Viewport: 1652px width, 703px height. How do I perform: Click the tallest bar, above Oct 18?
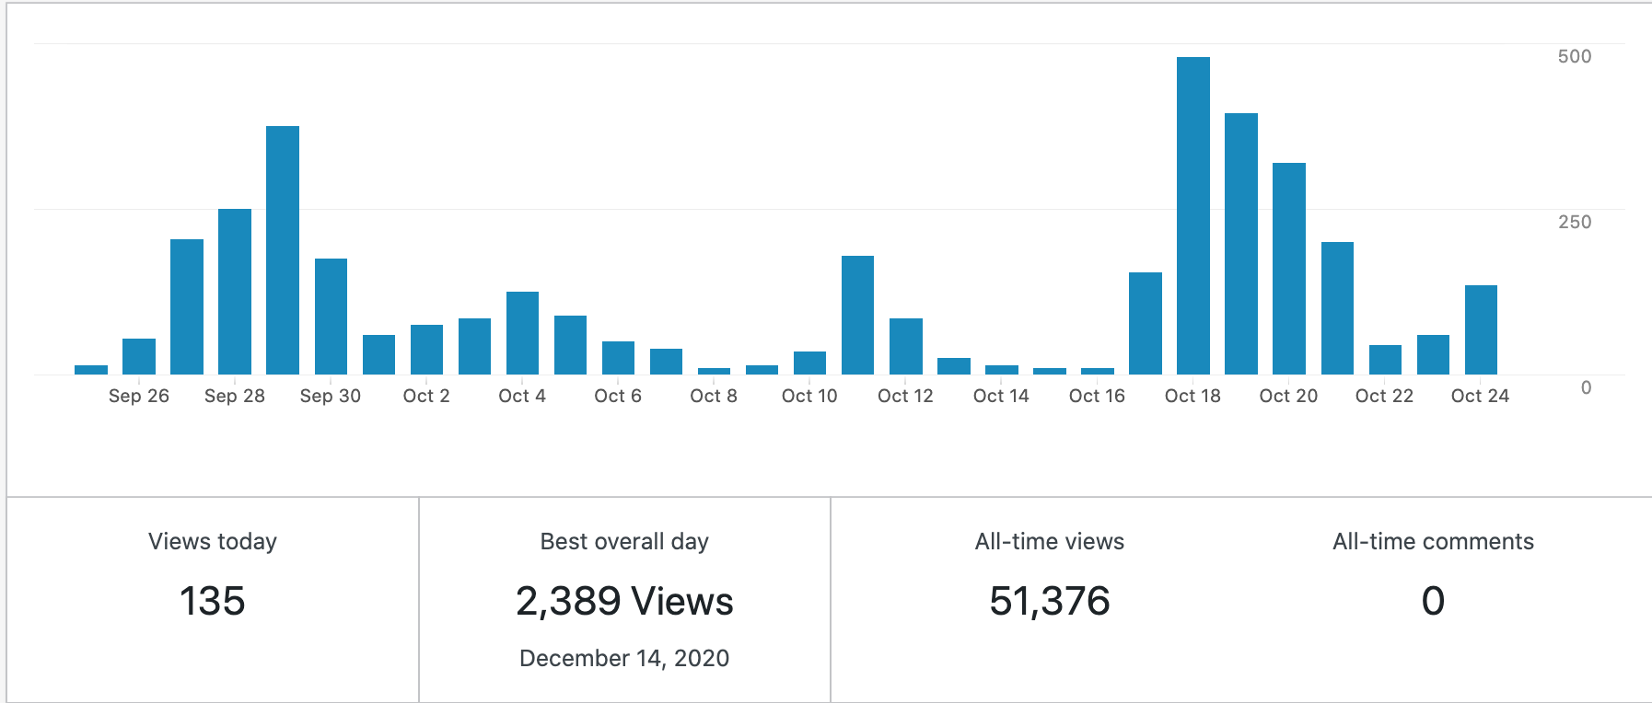(1192, 216)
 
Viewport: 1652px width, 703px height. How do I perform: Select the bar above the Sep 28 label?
(235, 292)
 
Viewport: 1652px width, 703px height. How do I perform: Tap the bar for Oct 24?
(1481, 330)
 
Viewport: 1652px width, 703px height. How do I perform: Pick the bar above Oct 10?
(809, 363)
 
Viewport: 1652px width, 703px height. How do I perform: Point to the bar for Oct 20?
(1288, 269)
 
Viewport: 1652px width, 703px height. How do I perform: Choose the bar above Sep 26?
(139, 356)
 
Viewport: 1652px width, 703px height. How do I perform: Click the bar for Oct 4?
(522, 333)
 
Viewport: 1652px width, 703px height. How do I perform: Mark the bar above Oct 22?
(1385, 360)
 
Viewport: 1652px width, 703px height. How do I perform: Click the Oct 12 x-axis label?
(905, 396)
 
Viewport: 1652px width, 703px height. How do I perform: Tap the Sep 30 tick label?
(331, 396)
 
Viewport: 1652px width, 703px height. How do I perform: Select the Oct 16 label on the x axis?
(1097, 396)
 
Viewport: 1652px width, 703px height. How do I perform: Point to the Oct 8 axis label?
(714, 396)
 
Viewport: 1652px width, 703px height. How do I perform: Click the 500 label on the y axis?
(1574, 56)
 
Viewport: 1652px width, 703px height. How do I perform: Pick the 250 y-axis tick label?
(1574, 222)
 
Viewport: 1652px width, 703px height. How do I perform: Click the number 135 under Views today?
(213, 601)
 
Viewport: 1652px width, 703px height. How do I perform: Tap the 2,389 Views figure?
(624, 601)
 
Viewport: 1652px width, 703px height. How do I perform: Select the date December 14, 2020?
(624, 658)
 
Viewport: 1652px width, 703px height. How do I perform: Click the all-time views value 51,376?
(1050, 601)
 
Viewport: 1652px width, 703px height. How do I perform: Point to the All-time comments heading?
(1433, 541)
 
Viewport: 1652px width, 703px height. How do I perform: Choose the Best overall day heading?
(624, 541)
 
